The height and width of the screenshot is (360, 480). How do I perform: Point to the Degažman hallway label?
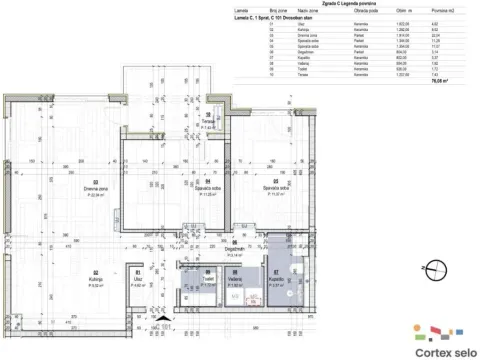pyautogui.click(x=236, y=251)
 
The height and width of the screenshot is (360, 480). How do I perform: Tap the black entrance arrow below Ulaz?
pyautogui.click(x=138, y=308)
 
